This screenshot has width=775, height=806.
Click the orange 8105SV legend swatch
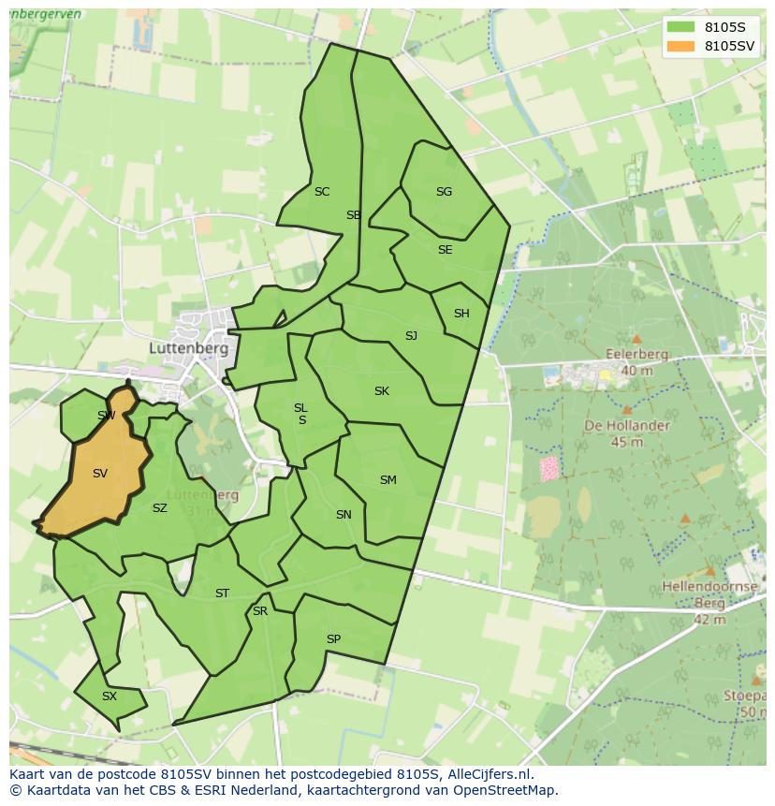(x=680, y=46)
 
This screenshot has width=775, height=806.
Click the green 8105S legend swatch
(x=680, y=26)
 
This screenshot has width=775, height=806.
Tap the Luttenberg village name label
(x=188, y=347)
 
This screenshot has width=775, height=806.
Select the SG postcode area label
(x=444, y=192)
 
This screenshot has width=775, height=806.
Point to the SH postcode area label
(x=461, y=314)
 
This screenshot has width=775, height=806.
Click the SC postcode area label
(x=322, y=192)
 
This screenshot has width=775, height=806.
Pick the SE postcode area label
(x=445, y=250)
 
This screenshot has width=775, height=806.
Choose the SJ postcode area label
(x=411, y=336)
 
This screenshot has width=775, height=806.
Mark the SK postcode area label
(x=381, y=391)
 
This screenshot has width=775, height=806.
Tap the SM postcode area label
(x=387, y=480)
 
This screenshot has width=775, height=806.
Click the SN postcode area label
(x=344, y=515)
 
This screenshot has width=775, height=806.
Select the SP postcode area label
(x=333, y=639)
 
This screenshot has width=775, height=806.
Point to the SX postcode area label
(x=110, y=696)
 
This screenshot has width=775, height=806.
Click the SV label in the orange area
(x=100, y=474)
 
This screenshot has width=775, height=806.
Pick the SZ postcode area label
(x=160, y=508)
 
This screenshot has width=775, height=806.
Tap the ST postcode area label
(x=222, y=594)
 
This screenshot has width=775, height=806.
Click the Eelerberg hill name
(x=637, y=355)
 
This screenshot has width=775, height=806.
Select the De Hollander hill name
(x=626, y=425)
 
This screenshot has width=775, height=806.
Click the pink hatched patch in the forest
(x=548, y=467)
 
